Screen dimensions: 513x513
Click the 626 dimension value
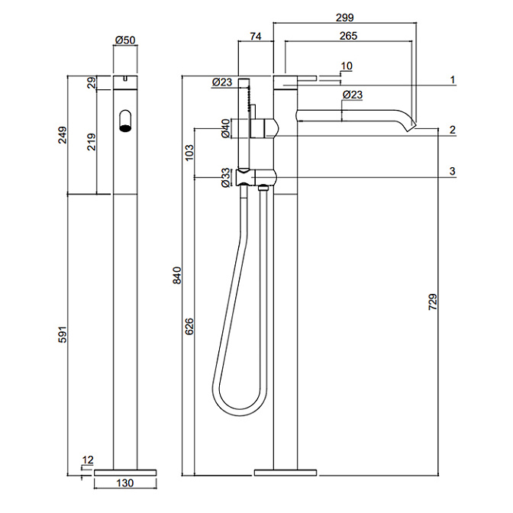click(189, 327)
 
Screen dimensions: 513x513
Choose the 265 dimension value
click(347, 36)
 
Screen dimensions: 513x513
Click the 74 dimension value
click(256, 36)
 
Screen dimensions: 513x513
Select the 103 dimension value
click(189, 153)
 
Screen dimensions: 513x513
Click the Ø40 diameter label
click(225, 128)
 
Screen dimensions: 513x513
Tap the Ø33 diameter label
click(225, 177)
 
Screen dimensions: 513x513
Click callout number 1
click(453, 79)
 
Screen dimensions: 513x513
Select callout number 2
click(453, 130)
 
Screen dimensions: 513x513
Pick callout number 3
click(453, 171)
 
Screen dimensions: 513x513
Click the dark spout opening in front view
click(124, 121)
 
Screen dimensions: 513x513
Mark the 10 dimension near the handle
click(347, 66)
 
